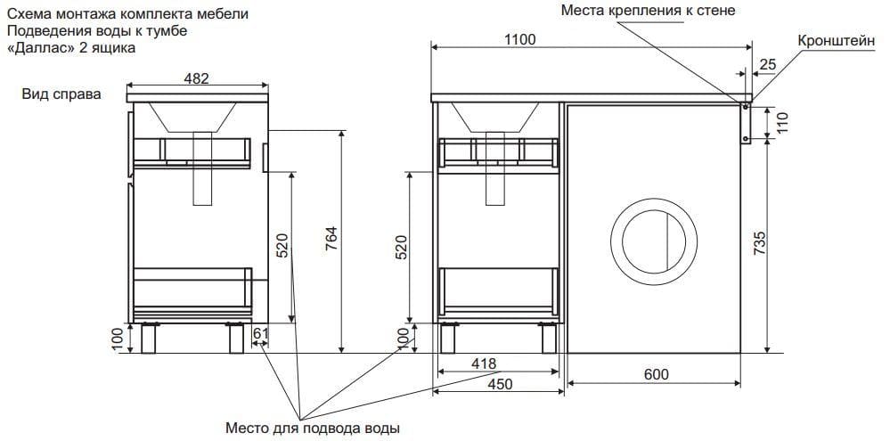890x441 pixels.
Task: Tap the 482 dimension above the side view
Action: click(x=196, y=78)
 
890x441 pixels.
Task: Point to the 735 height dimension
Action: click(x=759, y=244)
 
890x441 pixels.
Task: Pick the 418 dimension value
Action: click(x=485, y=364)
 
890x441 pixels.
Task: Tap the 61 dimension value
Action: click(x=261, y=334)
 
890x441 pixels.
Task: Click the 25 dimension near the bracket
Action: click(x=769, y=63)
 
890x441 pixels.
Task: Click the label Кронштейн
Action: click(x=839, y=42)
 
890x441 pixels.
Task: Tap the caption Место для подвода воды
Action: click(x=312, y=428)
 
